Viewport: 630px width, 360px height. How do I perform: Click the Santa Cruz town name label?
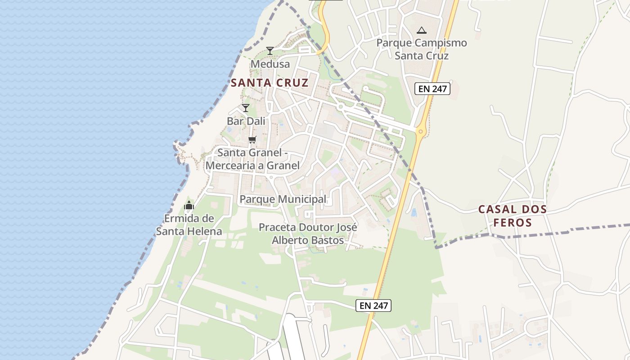pyautogui.click(x=270, y=83)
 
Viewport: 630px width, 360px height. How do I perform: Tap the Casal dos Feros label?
pyautogui.click(x=513, y=216)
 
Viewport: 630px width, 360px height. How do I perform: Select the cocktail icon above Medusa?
pyautogui.click(x=270, y=51)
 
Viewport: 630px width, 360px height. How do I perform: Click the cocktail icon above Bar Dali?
pyautogui.click(x=246, y=108)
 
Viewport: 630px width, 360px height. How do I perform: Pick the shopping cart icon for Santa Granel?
pyautogui.click(x=252, y=139)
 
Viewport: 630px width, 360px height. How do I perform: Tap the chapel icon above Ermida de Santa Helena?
pyautogui.click(x=189, y=206)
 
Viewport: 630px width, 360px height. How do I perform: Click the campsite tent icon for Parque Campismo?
pyautogui.click(x=421, y=31)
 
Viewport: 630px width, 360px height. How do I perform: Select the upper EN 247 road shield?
pyautogui.click(x=432, y=89)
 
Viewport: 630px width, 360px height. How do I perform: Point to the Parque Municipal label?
pyautogui.click(x=283, y=199)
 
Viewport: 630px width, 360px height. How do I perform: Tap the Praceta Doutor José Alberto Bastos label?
pyautogui.click(x=308, y=234)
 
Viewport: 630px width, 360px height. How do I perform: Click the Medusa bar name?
pyautogui.click(x=270, y=64)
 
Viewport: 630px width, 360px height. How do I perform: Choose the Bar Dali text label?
pyautogui.click(x=246, y=121)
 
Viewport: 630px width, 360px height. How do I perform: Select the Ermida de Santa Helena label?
pyautogui.click(x=189, y=225)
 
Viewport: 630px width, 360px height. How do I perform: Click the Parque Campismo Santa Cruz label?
pyautogui.click(x=422, y=49)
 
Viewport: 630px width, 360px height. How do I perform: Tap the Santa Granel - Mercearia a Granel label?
pyautogui.click(x=252, y=159)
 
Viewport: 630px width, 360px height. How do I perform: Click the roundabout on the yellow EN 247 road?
pyautogui.click(x=421, y=131)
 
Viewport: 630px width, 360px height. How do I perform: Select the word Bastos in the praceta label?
pyautogui.click(x=328, y=240)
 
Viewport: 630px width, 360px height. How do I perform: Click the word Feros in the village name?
pyautogui.click(x=513, y=222)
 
